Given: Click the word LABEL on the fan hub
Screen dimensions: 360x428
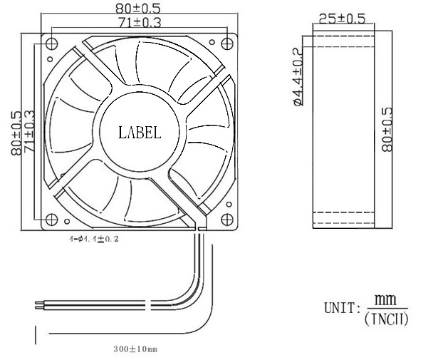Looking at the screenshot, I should tap(140, 132).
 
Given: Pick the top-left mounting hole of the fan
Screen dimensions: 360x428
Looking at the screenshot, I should tap(49, 42).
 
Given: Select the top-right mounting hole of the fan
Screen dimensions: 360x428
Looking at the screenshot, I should tap(228, 42).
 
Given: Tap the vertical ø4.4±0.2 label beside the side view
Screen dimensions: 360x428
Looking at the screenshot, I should tap(298, 76).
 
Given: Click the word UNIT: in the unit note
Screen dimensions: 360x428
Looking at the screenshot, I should tap(343, 309).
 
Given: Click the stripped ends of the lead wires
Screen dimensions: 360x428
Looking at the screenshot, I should tap(38, 305).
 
